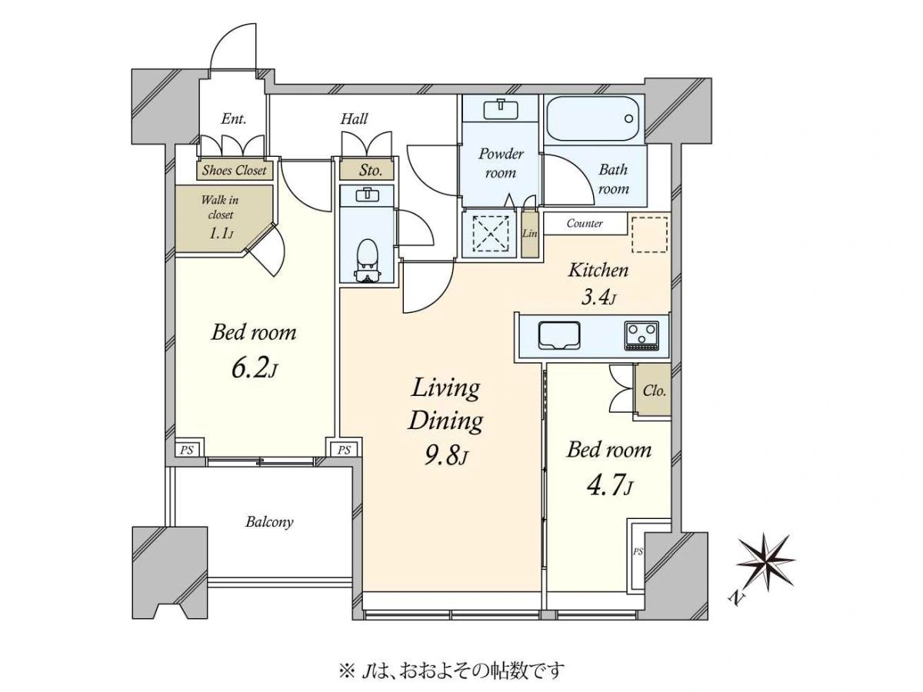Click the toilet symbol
point(368,260)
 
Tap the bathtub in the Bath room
point(592,118)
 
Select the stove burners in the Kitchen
point(641,335)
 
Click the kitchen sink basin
point(559,335)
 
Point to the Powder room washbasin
point(501,109)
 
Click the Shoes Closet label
point(235,170)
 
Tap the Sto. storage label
point(371,170)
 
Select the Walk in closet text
point(220,207)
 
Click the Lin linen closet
point(529,233)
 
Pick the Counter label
point(585,223)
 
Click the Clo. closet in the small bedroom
point(652,391)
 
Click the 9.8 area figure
point(445,456)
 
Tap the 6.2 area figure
point(254,369)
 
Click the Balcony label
point(269,522)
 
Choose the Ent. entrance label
point(234,119)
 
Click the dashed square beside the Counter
point(650,235)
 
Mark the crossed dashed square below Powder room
point(491,234)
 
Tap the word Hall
point(354,119)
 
